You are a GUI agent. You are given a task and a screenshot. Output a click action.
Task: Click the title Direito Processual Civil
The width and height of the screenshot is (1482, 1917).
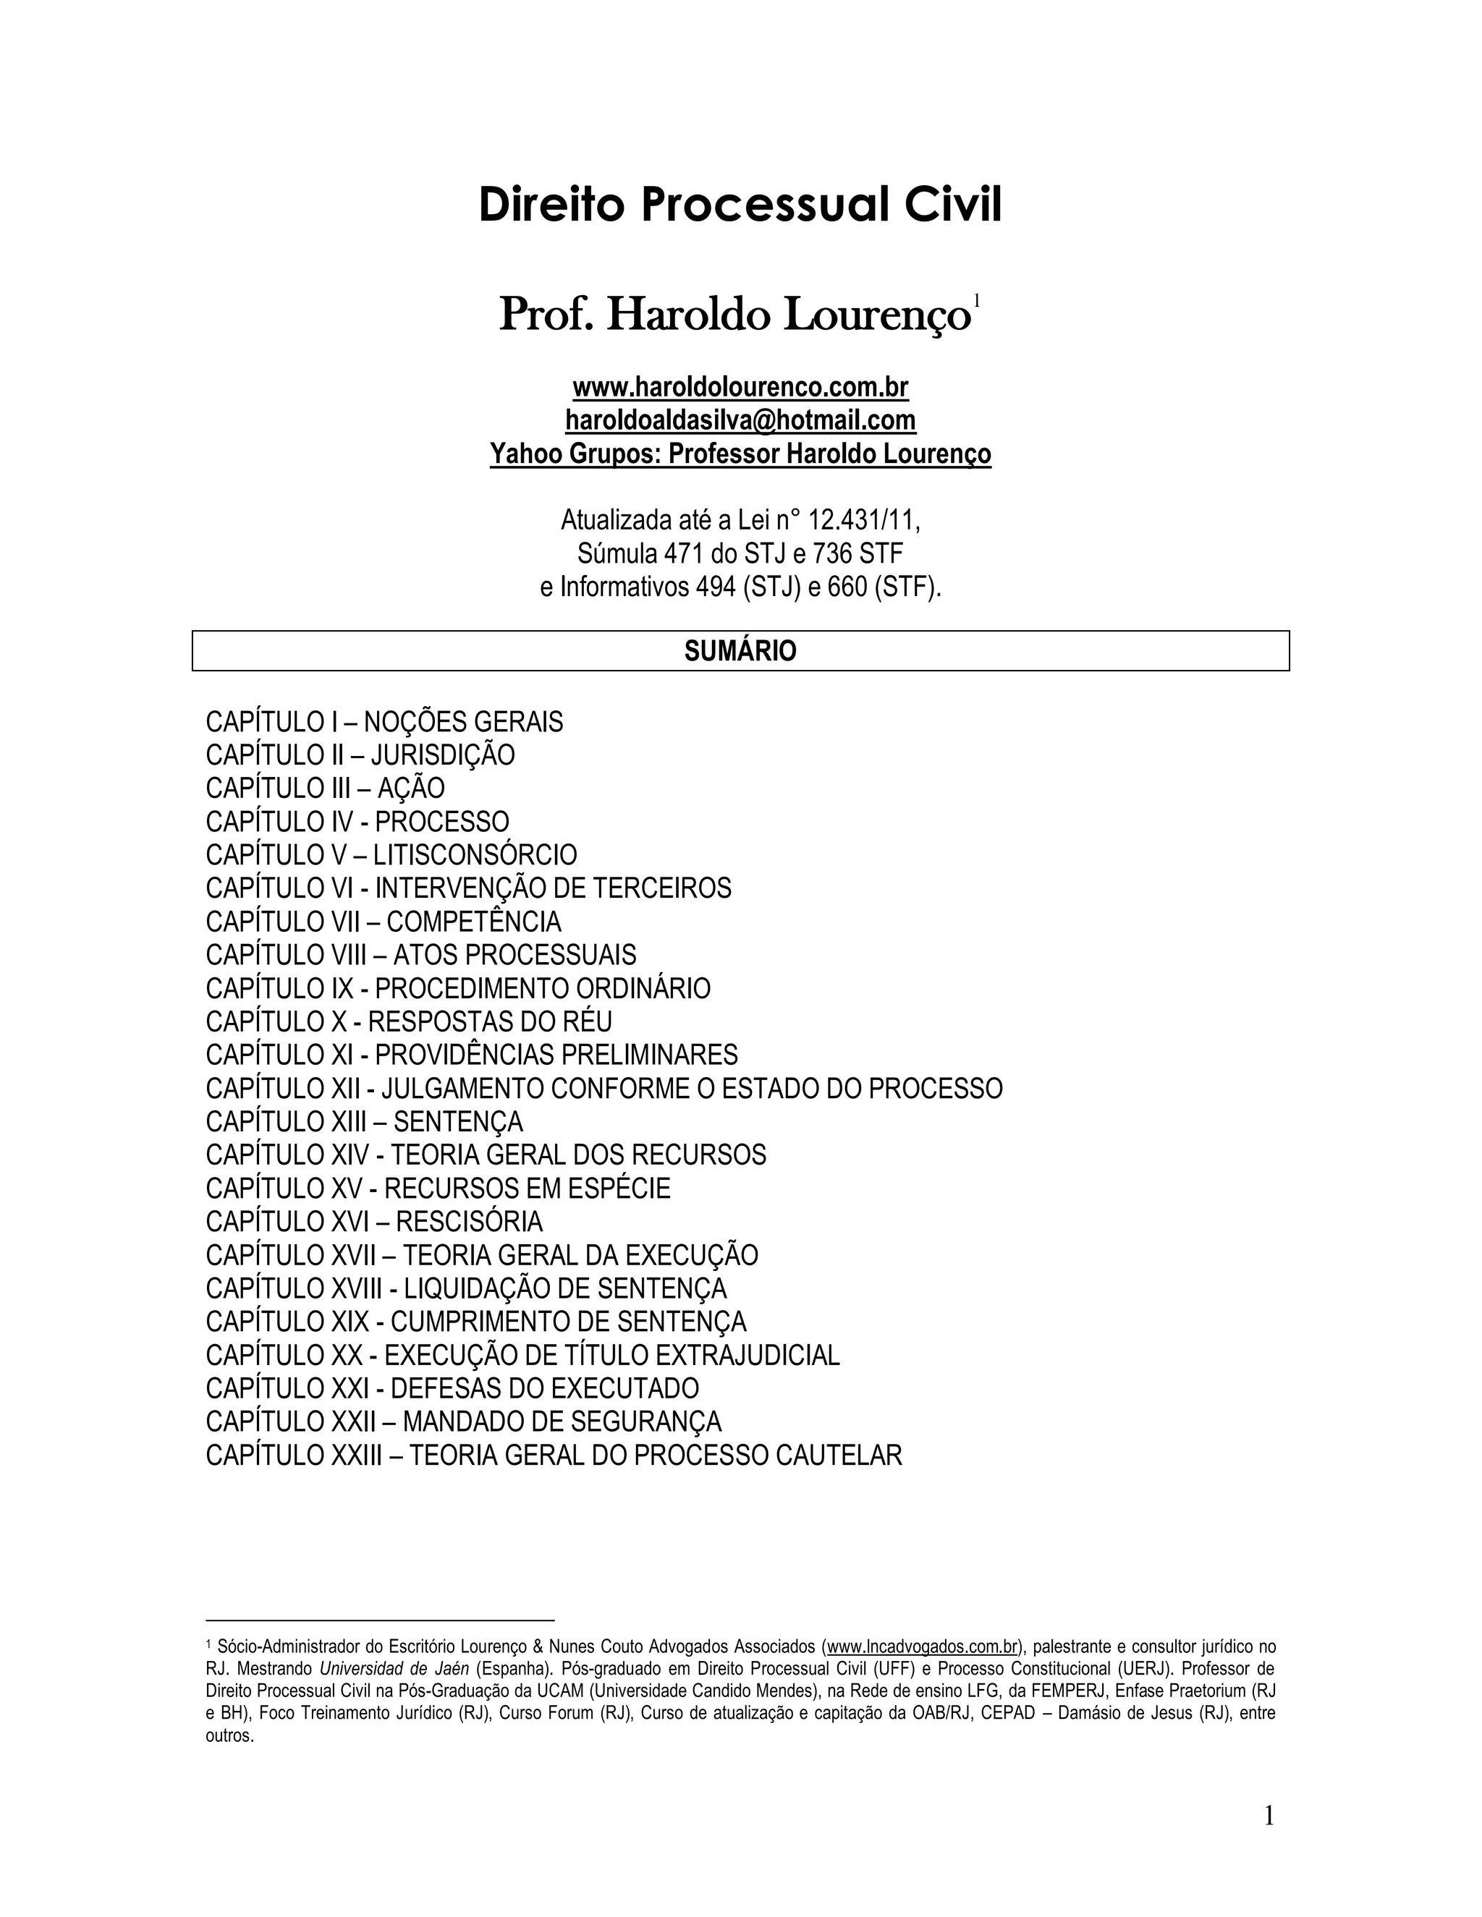(740, 205)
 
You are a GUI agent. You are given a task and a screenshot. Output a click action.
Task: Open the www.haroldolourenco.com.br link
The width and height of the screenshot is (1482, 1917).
(740, 387)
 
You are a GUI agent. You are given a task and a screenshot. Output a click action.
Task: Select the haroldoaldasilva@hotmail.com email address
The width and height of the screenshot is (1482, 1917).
(740, 420)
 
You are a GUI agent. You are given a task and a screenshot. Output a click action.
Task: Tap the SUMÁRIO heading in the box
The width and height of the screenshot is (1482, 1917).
(740, 651)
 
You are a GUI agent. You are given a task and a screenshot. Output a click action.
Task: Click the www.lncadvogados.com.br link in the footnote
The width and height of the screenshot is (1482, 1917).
(922, 1646)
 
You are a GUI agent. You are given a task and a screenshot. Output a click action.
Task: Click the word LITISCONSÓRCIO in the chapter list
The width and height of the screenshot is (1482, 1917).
(475, 855)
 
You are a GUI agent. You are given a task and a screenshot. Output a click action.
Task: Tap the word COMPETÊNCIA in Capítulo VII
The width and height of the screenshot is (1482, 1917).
(473, 922)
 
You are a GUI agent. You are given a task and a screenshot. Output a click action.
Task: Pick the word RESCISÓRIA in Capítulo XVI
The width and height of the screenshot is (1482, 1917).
(469, 1222)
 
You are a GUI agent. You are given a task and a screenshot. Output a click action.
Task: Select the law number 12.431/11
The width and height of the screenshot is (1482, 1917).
(863, 521)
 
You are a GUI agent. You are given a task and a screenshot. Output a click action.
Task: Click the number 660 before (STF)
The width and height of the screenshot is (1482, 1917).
(847, 587)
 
